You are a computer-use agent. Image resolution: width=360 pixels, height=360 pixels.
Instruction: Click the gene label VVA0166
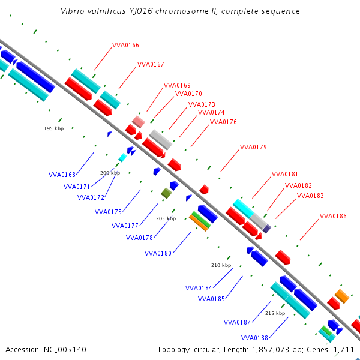pyautogui.click(x=125, y=45)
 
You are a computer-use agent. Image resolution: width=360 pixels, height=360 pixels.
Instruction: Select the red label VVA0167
pyautogui.click(x=151, y=64)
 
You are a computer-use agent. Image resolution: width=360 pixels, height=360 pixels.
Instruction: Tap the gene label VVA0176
pyautogui.click(x=223, y=122)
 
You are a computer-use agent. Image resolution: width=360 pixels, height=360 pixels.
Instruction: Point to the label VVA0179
pyautogui.click(x=253, y=147)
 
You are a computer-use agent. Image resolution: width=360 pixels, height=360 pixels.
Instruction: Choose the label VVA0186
pyautogui.click(x=333, y=216)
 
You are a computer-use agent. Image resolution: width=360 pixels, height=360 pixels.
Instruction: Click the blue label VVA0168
pyautogui.click(x=62, y=175)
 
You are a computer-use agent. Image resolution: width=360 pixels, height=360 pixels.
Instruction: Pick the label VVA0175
pyautogui.click(x=108, y=212)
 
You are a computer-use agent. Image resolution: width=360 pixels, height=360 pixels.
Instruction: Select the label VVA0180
pyautogui.click(x=158, y=253)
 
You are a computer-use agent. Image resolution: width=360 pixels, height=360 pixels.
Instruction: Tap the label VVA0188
pyautogui.click(x=254, y=338)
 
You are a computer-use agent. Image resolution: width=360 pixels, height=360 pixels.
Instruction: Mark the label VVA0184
pyautogui.click(x=199, y=288)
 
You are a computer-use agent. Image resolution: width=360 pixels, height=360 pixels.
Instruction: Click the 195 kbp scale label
pyautogui.click(x=54, y=128)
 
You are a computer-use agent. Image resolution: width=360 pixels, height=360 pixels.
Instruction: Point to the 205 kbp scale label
pyautogui.click(x=166, y=218)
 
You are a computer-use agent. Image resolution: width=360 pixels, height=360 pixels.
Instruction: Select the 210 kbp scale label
pyautogui.click(x=221, y=265)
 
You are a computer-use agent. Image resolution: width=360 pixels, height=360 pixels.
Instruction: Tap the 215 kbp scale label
pyautogui.click(x=275, y=313)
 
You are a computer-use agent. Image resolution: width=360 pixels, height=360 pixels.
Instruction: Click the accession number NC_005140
pyautogui.click(x=65, y=350)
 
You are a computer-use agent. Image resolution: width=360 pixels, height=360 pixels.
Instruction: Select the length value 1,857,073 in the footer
pyautogui.click(x=270, y=350)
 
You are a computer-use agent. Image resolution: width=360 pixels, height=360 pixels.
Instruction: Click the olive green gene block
pyautogui.click(x=166, y=193)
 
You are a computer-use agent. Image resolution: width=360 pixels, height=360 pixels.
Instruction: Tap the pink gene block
pyautogui.click(x=139, y=122)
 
